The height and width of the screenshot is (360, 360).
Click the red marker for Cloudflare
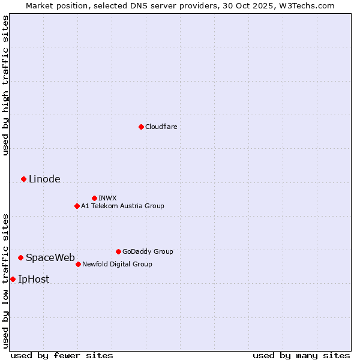(141, 127)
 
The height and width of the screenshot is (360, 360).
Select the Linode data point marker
(23, 179)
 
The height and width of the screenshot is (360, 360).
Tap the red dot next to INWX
(94, 198)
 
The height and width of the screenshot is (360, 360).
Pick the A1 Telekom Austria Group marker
(77, 206)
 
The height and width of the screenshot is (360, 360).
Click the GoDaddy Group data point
(118, 251)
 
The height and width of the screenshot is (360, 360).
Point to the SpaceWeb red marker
(20, 257)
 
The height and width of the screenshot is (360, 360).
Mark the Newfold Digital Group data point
(78, 264)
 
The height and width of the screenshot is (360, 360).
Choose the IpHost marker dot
(13, 279)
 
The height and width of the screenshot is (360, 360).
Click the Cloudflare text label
(161, 127)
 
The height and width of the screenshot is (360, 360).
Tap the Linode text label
(44, 179)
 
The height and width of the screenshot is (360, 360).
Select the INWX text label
(107, 198)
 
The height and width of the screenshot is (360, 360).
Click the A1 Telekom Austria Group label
(122, 206)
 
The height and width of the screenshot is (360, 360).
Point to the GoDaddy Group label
(148, 251)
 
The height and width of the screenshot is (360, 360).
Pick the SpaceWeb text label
(50, 257)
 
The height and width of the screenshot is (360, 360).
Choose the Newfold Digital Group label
(117, 264)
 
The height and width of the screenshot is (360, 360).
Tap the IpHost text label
(34, 279)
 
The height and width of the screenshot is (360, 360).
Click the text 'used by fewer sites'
(62, 355)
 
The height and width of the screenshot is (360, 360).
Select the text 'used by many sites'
(301, 355)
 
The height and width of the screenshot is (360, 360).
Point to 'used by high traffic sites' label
(5, 85)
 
